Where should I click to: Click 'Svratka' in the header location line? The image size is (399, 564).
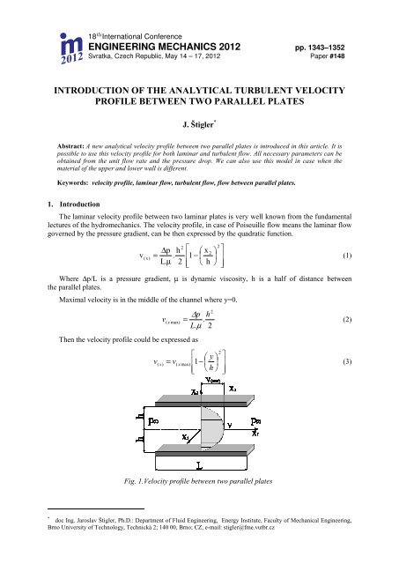pyautogui.click(x=82, y=38)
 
